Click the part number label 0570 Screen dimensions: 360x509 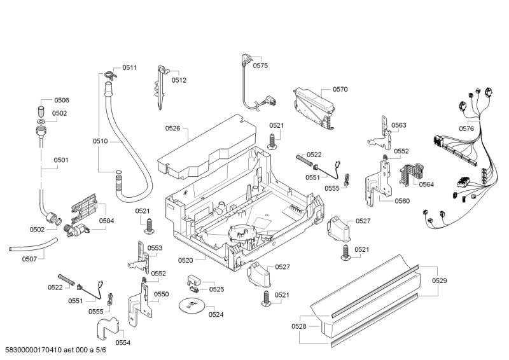coord(340,90)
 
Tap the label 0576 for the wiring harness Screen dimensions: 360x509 coord(466,128)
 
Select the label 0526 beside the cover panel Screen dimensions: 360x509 coord(173,128)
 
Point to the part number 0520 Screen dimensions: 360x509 coord(186,260)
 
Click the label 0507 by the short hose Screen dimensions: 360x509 coord(30,259)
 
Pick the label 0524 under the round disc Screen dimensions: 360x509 coord(216,314)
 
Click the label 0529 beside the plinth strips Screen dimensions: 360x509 coord(440,280)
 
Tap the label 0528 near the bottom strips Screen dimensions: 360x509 coord(299,326)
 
